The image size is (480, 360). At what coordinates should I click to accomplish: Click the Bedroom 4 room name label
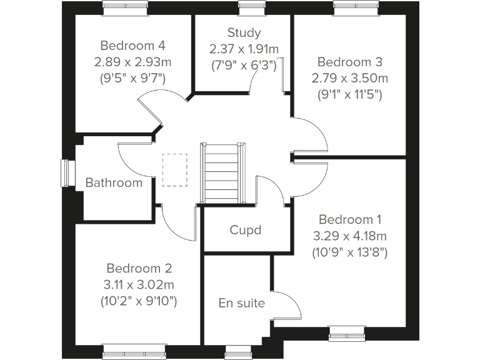click(x=132, y=46)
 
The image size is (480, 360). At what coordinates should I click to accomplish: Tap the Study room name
click(x=244, y=32)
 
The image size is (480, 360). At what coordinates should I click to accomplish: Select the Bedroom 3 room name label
click(x=349, y=62)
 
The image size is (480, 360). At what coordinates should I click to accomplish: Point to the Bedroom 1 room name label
click(x=349, y=219)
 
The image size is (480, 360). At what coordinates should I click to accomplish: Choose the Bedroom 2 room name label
click(x=139, y=268)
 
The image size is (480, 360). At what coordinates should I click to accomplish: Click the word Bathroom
click(x=114, y=182)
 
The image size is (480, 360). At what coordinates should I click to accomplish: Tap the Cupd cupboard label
click(x=246, y=229)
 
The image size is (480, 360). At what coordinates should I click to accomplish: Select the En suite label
click(x=241, y=303)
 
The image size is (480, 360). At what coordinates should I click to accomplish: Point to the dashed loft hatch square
click(x=174, y=170)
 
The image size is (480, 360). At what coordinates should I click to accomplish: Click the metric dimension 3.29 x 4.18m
click(x=349, y=236)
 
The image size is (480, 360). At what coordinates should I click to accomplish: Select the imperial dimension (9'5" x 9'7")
click(x=132, y=79)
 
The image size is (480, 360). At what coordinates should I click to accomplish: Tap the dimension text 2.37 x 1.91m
click(x=244, y=49)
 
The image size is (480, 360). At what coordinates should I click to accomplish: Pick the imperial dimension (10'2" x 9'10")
click(x=139, y=301)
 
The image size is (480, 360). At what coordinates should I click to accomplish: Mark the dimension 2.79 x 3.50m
click(x=349, y=78)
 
